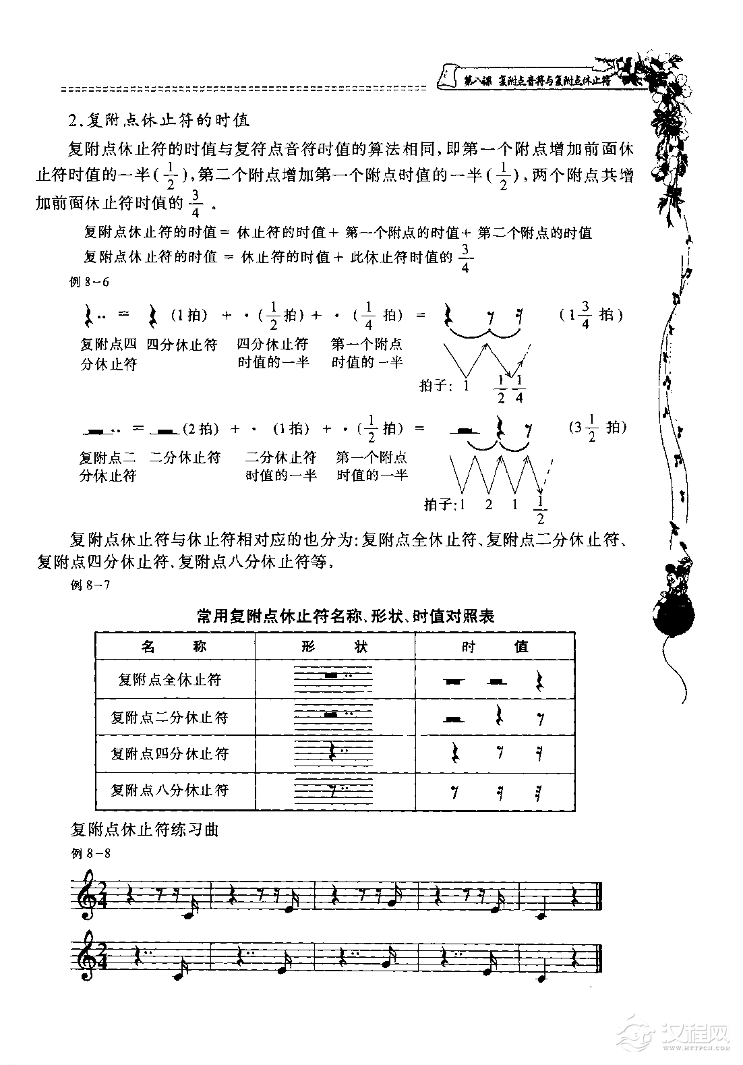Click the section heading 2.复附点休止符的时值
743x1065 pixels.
point(159,121)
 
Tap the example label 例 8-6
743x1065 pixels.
point(90,283)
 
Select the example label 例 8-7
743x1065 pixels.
point(90,585)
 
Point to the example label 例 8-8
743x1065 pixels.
point(90,853)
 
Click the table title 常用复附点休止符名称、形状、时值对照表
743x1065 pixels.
point(345,616)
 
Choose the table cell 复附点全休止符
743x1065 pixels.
point(170,679)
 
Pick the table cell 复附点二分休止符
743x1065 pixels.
point(170,717)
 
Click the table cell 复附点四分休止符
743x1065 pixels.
point(170,753)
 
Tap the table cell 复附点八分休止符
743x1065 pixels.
point(170,790)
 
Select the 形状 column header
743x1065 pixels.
point(334,646)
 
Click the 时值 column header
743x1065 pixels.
point(495,646)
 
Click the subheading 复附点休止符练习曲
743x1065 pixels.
point(145,830)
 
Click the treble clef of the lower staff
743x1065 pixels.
point(88,975)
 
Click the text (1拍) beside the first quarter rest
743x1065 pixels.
point(188,315)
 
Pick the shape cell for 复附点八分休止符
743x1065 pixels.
point(334,790)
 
